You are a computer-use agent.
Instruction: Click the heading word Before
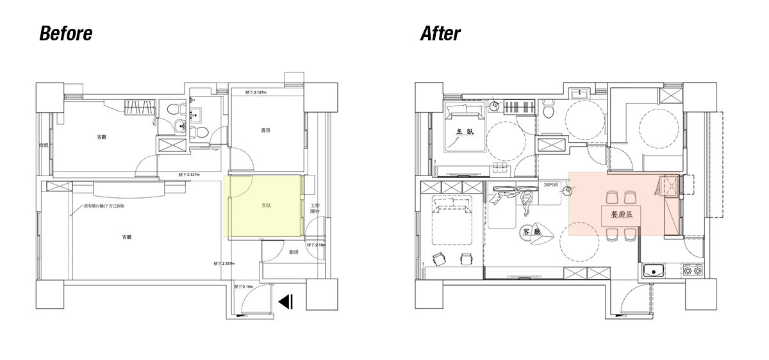click(66, 34)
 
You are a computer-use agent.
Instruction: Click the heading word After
click(440, 34)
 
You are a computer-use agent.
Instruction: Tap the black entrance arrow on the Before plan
click(286, 301)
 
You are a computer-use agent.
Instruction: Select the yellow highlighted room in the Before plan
click(264, 207)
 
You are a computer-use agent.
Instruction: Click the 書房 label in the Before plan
click(265, 130)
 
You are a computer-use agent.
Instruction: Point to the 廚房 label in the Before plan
click(294, 252)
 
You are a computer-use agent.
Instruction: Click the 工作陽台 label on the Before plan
click(315, 208)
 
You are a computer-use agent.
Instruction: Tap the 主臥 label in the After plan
click(464, 131)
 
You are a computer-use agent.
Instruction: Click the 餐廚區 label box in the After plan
click(616, 215)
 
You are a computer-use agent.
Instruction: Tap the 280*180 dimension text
click(551, 185)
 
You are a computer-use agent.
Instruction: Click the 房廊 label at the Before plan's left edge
click(45, 145)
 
